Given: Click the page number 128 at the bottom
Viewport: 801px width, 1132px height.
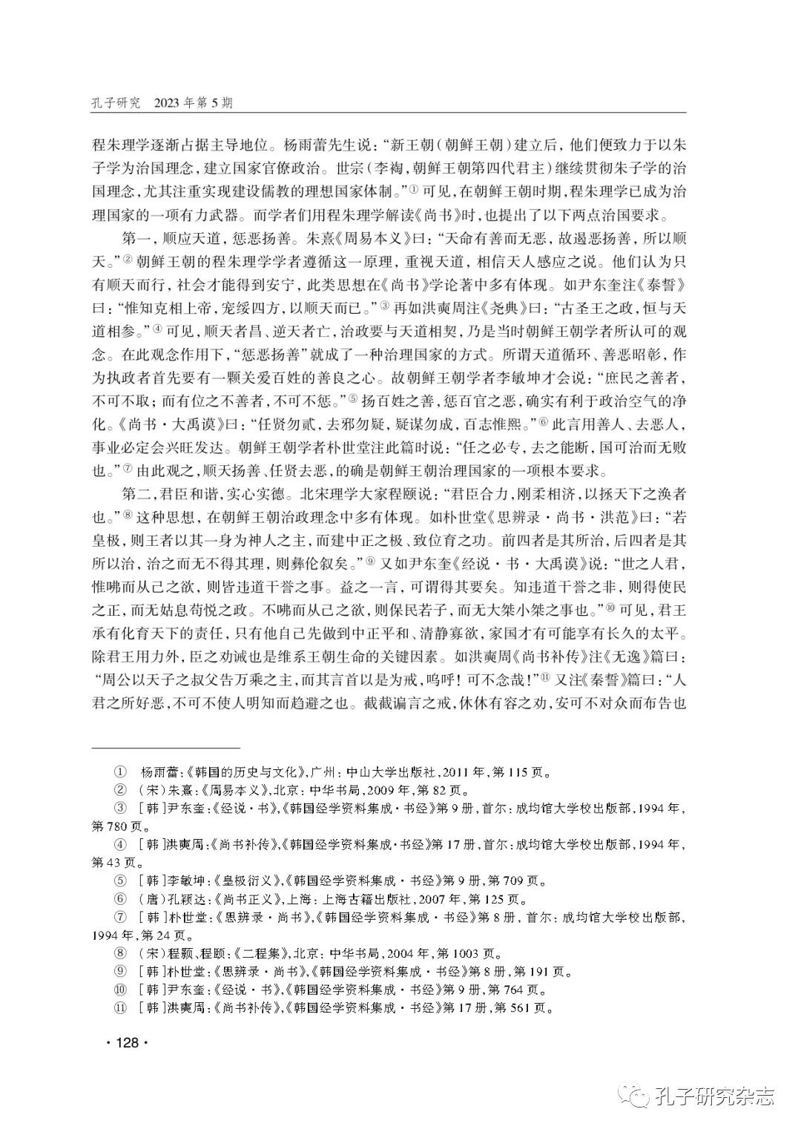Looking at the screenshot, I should (x=128, y=1042).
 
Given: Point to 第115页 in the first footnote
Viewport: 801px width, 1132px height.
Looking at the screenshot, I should (x=518, y=772).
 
